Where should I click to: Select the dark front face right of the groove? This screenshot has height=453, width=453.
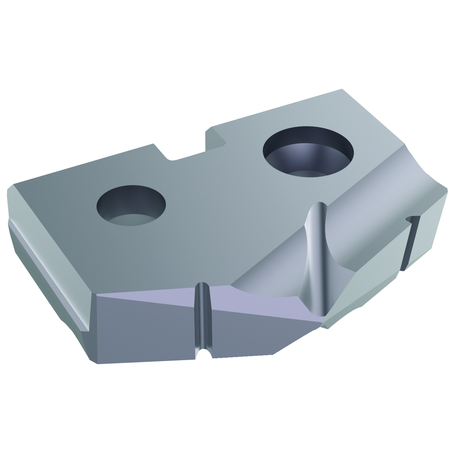pyautogui.click(x=254, y=335)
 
